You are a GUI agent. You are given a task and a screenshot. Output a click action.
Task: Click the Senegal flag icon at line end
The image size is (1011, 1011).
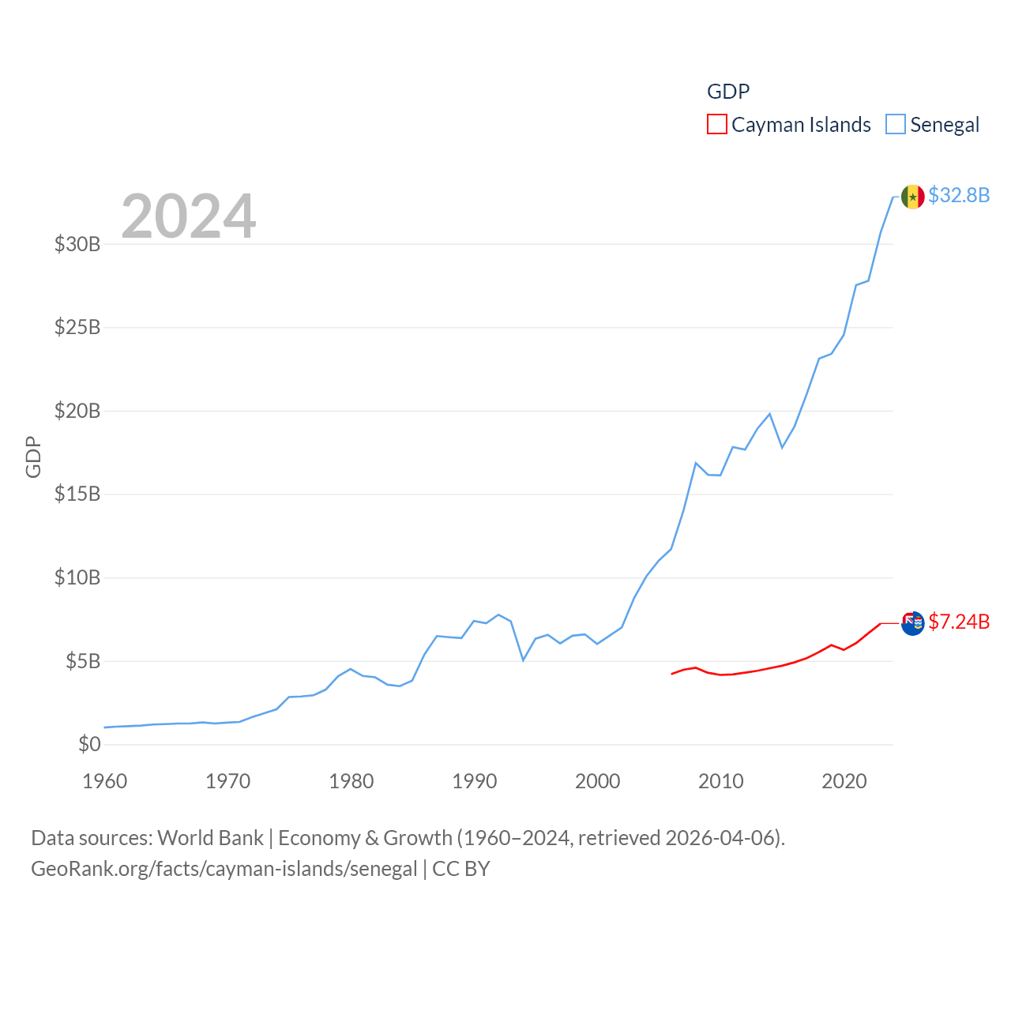coord(912,197)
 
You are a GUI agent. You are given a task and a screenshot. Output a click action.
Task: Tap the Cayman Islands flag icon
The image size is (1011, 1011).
coord(912,623)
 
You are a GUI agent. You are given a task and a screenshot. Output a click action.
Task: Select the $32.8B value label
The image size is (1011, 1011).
coord(959,195)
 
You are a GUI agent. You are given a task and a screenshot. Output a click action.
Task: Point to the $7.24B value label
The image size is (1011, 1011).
coord(959,622)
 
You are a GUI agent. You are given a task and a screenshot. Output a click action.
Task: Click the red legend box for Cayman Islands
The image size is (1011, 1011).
coord(716,125)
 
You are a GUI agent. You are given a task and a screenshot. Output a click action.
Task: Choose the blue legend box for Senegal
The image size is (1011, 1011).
coord(895,125)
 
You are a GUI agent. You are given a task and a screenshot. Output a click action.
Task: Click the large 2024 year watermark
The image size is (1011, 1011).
coord(188,216)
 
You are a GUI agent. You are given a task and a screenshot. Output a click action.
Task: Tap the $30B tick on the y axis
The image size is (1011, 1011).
coord(77,244)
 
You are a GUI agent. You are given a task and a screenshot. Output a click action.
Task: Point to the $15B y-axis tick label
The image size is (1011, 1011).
coord(77,494)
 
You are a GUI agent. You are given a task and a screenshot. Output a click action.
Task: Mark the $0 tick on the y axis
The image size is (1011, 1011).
coord(89,744)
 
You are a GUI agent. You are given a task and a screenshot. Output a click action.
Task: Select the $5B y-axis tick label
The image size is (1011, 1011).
coord(83,661)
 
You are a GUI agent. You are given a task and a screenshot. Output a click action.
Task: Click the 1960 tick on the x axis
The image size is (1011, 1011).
coord(105,781)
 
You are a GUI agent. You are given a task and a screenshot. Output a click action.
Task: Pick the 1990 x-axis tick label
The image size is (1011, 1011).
coord(475,781)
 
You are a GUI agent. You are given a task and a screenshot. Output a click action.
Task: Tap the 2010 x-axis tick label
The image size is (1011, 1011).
coord(721,781)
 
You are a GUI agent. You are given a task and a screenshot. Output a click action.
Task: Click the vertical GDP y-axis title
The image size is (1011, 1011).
coord(33,457)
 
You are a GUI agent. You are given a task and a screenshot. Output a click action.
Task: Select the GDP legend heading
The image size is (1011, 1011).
coord(728,92)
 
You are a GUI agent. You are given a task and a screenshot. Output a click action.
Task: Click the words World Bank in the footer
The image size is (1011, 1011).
coord(210,838)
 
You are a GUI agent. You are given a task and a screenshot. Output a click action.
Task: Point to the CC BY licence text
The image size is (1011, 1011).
coord(461,869)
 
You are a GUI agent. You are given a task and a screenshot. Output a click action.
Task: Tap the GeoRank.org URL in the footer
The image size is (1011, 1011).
coord(224,869)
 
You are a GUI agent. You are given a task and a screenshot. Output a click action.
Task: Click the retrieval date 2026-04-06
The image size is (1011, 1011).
coord(722,838)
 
